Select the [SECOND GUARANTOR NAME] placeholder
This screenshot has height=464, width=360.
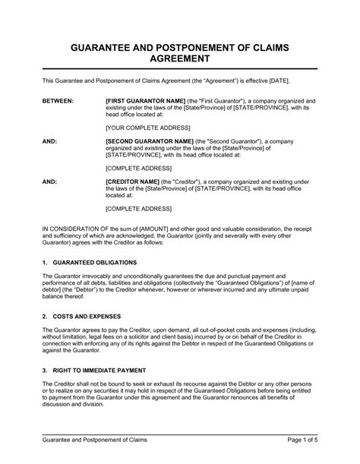click(150, 142)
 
